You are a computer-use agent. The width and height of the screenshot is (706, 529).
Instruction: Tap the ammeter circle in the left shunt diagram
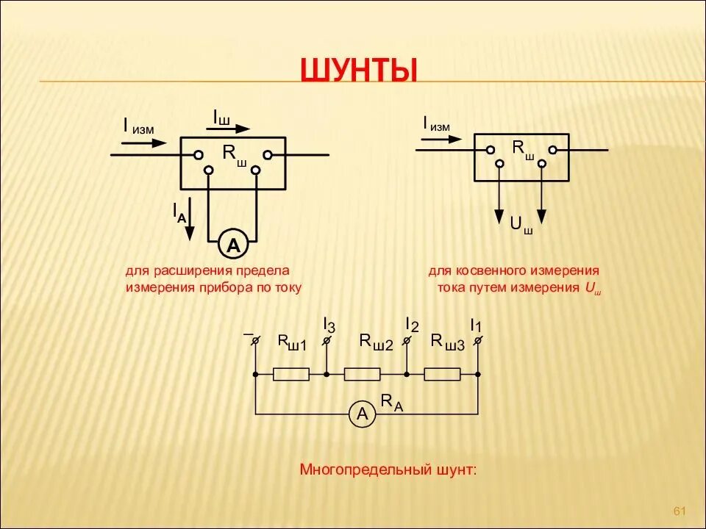233,245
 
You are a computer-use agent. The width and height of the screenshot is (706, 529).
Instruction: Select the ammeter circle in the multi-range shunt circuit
362,414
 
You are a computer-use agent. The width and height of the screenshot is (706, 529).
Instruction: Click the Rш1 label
291,342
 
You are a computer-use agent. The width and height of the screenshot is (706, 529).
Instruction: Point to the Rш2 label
376,342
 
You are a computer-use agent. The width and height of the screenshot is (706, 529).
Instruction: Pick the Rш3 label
447,342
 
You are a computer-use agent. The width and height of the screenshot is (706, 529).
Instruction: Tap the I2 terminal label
412,324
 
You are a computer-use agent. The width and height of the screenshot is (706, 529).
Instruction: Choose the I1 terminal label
476,324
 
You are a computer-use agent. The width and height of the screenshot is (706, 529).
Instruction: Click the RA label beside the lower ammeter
391,401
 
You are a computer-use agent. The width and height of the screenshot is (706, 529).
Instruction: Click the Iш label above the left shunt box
221,117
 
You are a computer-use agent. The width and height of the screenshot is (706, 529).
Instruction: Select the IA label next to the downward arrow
179,212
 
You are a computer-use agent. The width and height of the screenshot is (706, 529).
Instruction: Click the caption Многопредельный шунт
388,469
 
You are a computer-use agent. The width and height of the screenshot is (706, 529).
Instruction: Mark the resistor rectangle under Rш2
362,375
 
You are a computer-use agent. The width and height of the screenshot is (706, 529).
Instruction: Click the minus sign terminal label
249,334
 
